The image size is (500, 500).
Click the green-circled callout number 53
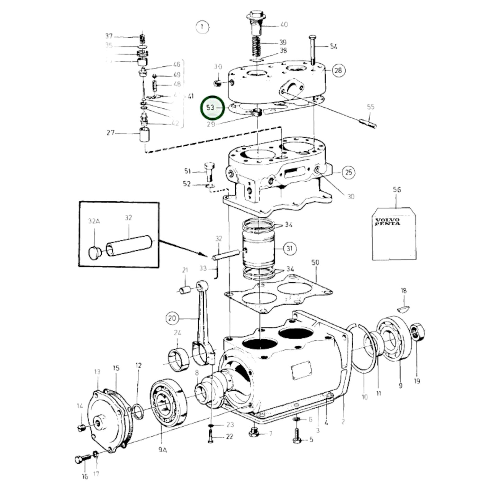211,108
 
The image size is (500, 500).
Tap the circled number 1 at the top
202,27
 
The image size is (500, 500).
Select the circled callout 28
338,71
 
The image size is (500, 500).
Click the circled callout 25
348,172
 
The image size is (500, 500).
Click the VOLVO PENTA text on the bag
387,221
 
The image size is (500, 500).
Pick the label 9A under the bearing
163,450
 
